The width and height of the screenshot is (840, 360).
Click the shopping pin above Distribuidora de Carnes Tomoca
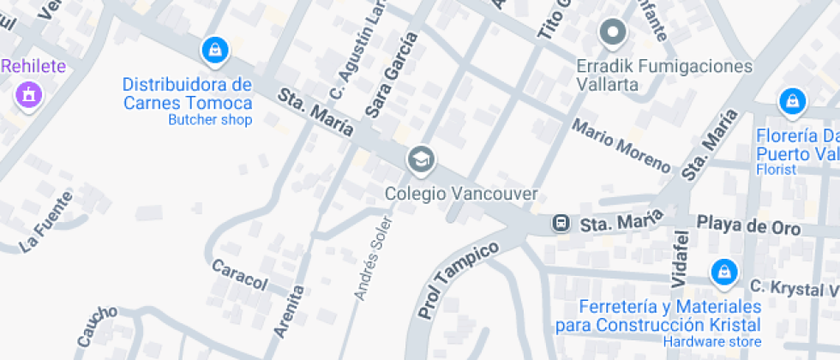[214, 51]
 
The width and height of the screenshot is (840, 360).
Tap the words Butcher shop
[210, 120]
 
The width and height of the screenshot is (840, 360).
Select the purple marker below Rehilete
[28, 93]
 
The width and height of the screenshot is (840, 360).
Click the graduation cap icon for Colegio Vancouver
[420, 159]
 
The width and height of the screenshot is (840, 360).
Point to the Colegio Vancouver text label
[461, 194]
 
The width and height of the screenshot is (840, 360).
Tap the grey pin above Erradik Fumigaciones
[613, 33]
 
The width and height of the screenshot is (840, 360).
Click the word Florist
[776, 170]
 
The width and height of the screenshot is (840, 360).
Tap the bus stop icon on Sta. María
[561, 224]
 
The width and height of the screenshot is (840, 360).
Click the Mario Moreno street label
[621, 145]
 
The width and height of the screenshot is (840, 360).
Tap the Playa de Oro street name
[748, 225]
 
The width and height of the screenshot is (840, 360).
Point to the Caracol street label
[240, 274]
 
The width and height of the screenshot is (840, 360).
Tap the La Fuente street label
[46, 222]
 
